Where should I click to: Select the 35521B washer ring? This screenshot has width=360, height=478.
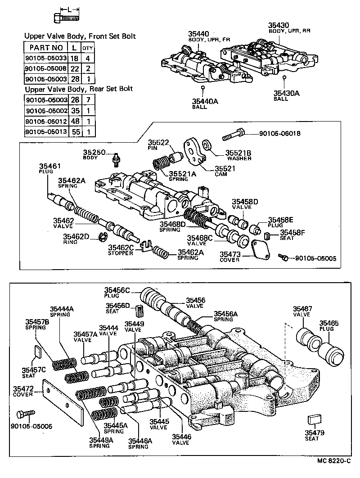tap(207, 145)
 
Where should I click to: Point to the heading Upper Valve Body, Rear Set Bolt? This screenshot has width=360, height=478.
tap(79, 89)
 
